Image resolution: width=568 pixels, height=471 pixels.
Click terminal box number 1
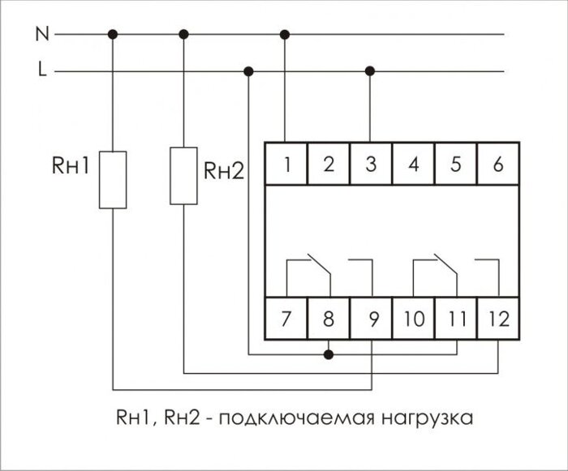click(x=286, y=164)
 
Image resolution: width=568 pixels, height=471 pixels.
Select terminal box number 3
click(x=371, y=164)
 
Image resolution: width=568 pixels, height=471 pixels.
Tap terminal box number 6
click(x=497, y=164)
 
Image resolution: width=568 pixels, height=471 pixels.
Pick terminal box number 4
click(x=414, y=164)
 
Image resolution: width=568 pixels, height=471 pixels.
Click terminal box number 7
click(x=286, y=318)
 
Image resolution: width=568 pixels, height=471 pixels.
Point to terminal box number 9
click(x=372, y=318)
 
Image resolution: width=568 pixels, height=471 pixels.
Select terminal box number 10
click(x=414, y=318)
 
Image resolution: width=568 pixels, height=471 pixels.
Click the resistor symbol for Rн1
click(x=113, y=179)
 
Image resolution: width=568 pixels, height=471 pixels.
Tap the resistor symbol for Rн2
click(x=183, y=174)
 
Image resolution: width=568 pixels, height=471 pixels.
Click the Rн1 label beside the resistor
click(x=70, y=168)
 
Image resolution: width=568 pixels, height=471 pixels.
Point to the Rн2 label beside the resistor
click(x=224, y=171)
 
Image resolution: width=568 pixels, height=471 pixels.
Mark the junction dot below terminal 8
click(x=329, y=354)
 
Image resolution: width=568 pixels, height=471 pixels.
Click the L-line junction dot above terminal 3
click(x=371, y=71)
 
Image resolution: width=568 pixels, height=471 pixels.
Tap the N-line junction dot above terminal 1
click(x=285, y=34)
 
